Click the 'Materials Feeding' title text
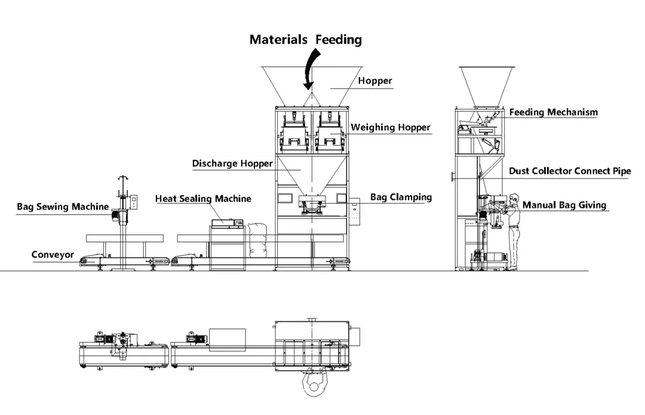coord(305,40)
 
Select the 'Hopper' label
coord(375,81)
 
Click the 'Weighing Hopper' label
coord(390,127)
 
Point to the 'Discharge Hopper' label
coord(232,164)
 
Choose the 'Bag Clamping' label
coord(400,197)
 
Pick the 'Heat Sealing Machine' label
coord(203,199)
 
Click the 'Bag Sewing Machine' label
coord(63,206)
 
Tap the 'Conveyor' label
coord(53,254)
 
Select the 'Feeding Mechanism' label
coord(553,112)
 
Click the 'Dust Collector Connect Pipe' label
coord(570,171)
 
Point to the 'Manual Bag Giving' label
coord(564,205)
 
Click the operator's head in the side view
coord(514,198)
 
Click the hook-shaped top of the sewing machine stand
coord(124,178)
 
